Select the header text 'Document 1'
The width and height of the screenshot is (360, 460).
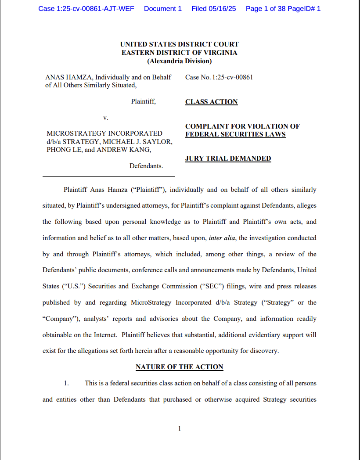click(162, 9)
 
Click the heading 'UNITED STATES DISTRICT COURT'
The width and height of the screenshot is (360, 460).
click(179, 44)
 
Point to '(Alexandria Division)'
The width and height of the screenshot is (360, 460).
click(179, 61)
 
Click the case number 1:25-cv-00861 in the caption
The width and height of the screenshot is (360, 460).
click(232, 77)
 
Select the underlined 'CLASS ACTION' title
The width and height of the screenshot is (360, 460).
click(211, 102)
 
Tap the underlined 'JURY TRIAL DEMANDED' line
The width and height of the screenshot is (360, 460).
click(228, 158)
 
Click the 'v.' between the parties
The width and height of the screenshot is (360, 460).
click(105, 118)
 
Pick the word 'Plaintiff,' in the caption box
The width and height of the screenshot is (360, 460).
click(143, 101)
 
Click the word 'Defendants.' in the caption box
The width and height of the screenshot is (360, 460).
click(146, 166)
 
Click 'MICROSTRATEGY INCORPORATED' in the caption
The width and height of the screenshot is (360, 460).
click(104, 133)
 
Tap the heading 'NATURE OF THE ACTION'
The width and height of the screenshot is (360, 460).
click(179, 367)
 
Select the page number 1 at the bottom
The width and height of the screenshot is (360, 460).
click(179, 429)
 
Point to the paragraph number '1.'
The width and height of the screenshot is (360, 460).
click(66, 383)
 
